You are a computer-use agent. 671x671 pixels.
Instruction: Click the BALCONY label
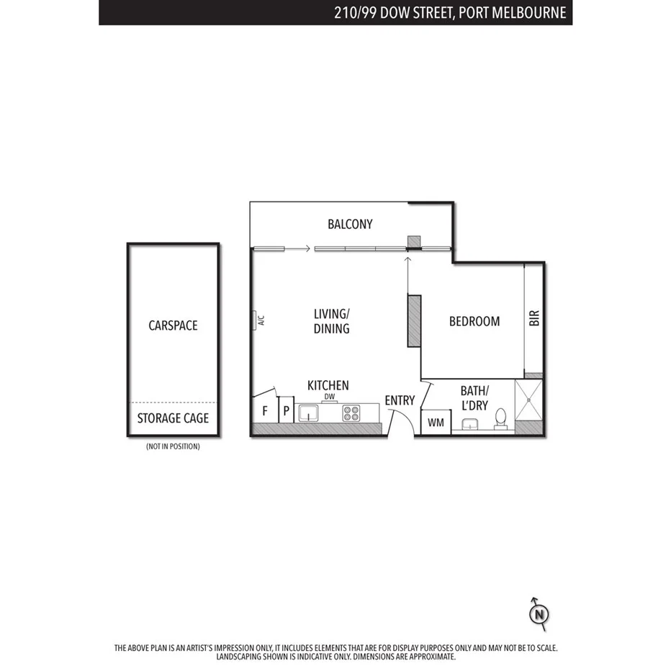tap(350, 224)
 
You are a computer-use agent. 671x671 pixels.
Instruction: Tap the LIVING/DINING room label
tap(331, 321)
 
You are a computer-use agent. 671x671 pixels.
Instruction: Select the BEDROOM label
tap(474, 321)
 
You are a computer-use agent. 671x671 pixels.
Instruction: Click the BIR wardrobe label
tap(534, 318)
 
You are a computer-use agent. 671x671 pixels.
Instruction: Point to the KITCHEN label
tap(328, 385)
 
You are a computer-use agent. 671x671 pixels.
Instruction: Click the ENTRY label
tap(400, 400)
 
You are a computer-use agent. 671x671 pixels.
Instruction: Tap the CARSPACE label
tap(173, 325)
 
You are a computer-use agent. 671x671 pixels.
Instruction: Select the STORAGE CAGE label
tap(173, 418)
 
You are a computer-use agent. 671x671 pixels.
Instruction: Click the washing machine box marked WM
tap(436, 422)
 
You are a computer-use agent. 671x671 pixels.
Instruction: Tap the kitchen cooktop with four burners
tap(351, 413)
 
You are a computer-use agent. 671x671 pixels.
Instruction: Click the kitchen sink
tap(309, 413)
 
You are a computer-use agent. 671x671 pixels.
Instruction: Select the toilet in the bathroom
tap(501, 418)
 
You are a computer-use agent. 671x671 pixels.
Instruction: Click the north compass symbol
tap(539, 613)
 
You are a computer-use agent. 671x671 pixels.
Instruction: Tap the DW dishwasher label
tap(330, 397)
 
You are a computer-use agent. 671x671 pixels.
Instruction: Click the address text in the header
tap(450, 12)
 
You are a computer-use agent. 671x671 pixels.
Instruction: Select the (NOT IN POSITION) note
tap(173, 446)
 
